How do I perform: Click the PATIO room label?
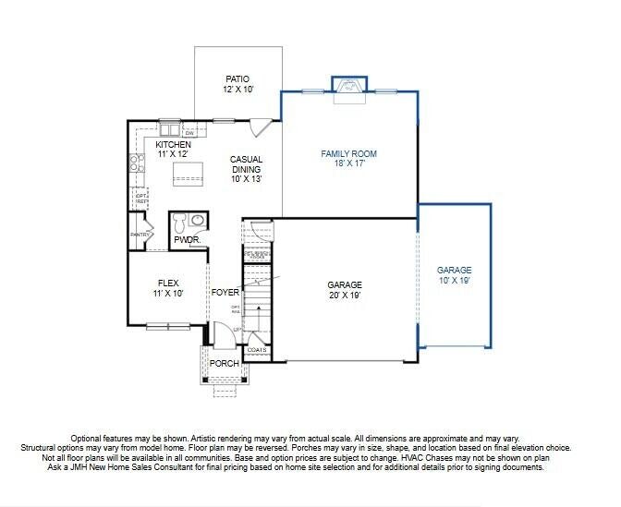237,79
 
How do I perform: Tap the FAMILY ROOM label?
348,153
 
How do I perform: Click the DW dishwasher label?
188,133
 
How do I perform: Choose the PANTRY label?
139,235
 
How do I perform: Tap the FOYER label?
225,293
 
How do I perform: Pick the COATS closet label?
256,350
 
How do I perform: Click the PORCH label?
224,364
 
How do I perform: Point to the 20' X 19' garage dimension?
344,296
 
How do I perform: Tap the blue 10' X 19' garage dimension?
454,280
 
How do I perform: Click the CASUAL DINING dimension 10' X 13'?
246,179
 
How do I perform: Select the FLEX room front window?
167,325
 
